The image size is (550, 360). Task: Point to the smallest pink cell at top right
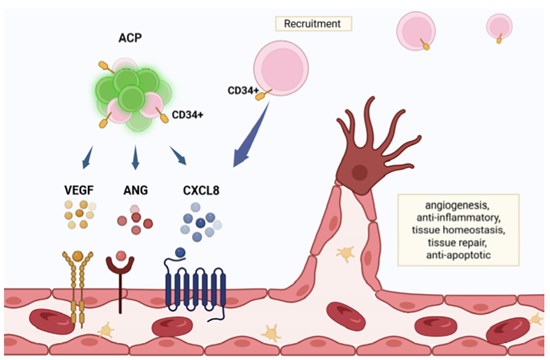[499, 26]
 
